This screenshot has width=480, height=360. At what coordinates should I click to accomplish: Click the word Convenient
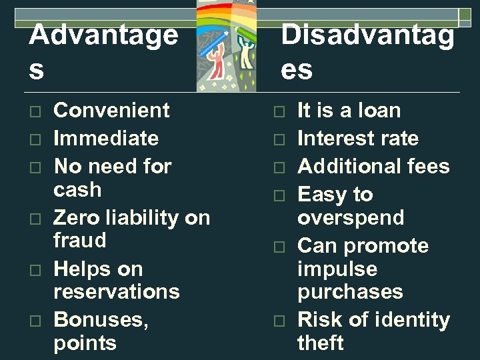tap(111, 110)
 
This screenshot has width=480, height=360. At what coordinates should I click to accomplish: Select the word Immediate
tap(106, 138)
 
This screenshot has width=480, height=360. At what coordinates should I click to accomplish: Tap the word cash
tap(77, 189)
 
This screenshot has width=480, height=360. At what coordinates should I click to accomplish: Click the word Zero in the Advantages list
tap(75, 217)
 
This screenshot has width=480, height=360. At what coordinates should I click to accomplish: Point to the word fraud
tap(79, 240)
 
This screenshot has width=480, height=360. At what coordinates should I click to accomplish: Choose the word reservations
tap(116, 291)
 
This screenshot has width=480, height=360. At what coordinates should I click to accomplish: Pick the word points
tap(85, 343)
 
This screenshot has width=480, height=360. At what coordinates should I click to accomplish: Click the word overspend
tap(351, 217)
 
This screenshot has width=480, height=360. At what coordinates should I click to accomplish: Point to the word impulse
tap(337, 269)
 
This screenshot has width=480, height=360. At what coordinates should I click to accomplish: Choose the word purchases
tap(350, 291)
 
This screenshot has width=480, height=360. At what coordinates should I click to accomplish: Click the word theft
tap(321, 343)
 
